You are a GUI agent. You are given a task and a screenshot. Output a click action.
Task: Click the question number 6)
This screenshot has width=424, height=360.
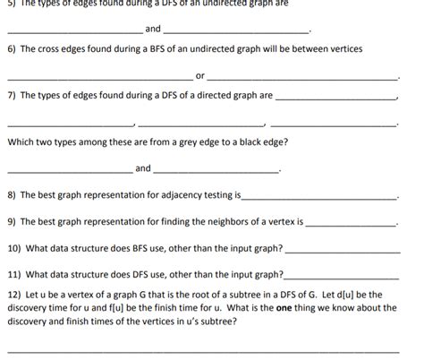(x=12, y=54)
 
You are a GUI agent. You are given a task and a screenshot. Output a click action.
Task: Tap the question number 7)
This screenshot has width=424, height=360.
(x=12, y=95)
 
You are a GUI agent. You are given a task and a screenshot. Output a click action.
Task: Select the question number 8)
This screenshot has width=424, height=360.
(x=12, y=194)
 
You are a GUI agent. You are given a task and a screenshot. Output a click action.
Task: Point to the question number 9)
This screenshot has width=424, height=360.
(x=12, y=220)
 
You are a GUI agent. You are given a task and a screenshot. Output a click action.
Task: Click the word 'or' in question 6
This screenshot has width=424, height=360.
(x=199, y=75)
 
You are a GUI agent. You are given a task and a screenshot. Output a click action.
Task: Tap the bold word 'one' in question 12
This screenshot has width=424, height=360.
(x=285, y=307)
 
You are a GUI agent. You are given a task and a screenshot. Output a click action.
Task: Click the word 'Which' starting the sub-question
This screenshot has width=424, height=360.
(x=21, y=142)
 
